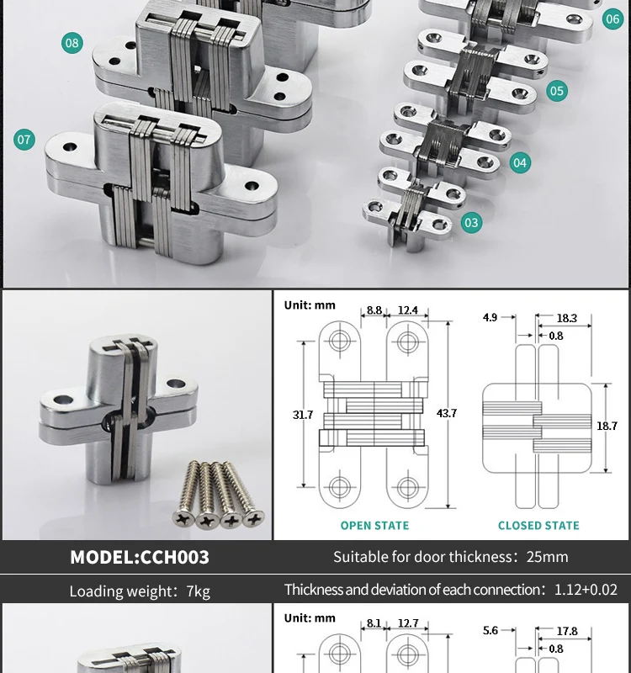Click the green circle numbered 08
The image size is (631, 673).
(x=72, y=43)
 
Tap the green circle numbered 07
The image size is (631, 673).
(x=24, y=140)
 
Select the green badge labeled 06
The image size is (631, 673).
(x=612, y=19)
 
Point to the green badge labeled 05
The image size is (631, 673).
(x=557, y=91)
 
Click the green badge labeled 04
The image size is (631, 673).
(x=520, y=162)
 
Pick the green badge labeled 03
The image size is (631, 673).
(x=471, y=222)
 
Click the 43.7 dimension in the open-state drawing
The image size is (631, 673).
(x=447, y=413)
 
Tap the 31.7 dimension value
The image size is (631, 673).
(x=303, y=415)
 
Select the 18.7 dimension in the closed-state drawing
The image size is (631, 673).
(x=607, y=426)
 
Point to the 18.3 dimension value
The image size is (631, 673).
(x=566, y=318)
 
